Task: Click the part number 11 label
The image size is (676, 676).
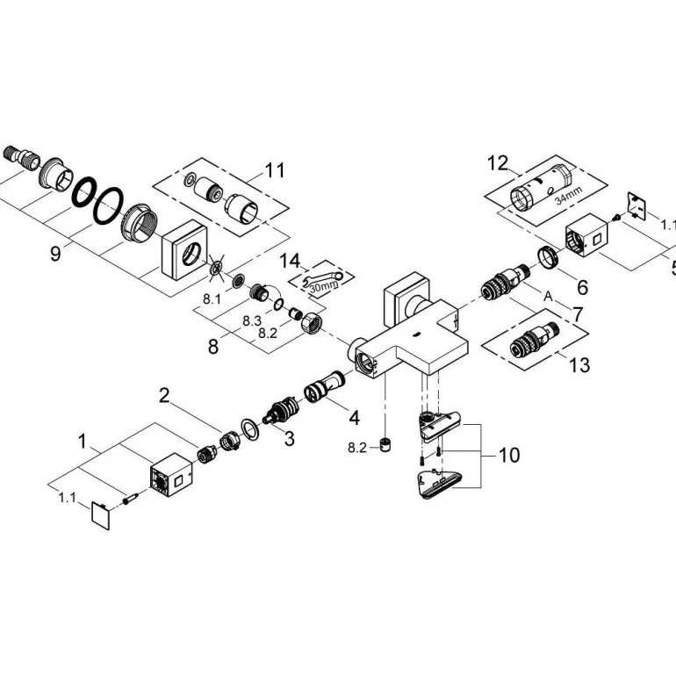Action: pyautogui.click(x=275, y=169)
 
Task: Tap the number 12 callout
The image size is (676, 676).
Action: pyautogui.click(x=498, y=162)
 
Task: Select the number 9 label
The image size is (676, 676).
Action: pyautogui.click(x=55, y=254)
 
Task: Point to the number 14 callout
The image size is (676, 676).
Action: pyautogui.click(x=289, y=260)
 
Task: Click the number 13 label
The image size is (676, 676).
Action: pyautogui.click(x=579, y=364)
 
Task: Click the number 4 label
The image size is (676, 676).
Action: pyautogui.click(x=353, y=416)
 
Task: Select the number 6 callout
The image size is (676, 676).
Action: pyautogui.click(x=582, y=286)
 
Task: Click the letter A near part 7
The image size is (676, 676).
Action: pyautogui.click(x=548, y=298)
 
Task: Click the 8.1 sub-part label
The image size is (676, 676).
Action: pyautogui.click(x=212, y=299)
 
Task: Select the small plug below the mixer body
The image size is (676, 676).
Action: pyautogui.click(x=384, y=444)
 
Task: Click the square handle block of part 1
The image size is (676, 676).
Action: pyautogui.click(x=170, y=474)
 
